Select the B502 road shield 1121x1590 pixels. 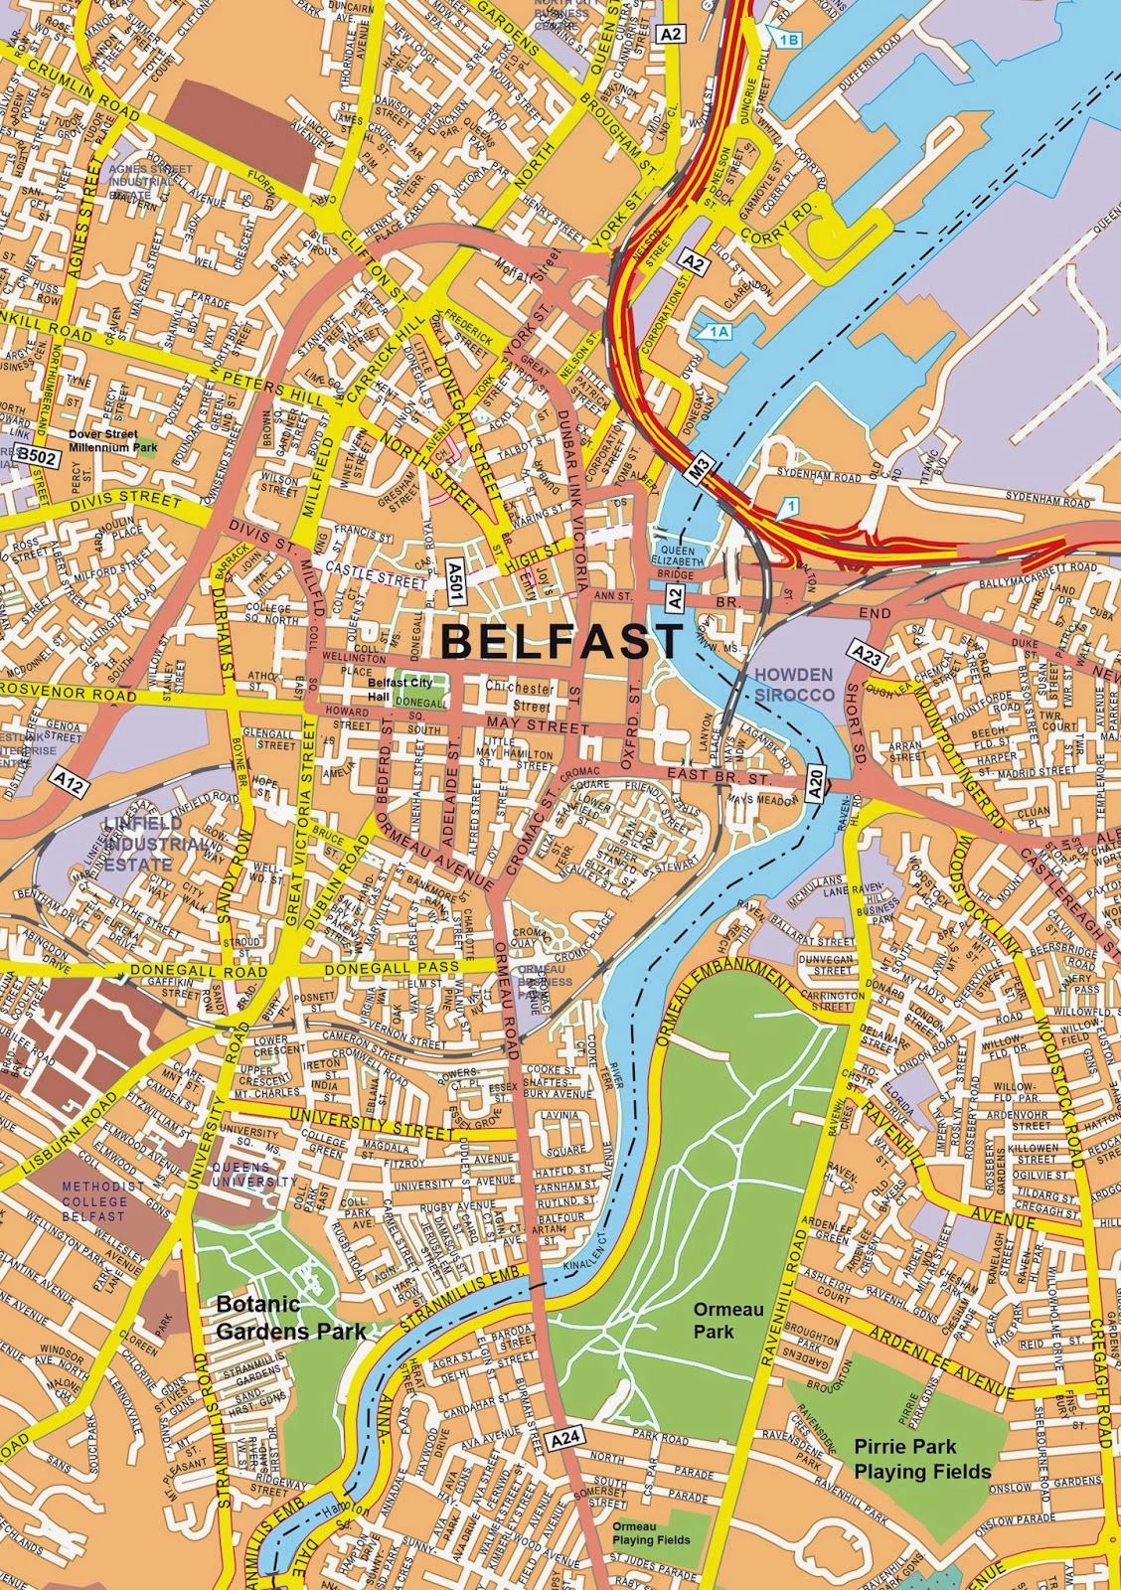click(x=35, y=455)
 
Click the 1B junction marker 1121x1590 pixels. click(x=787, y=39)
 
